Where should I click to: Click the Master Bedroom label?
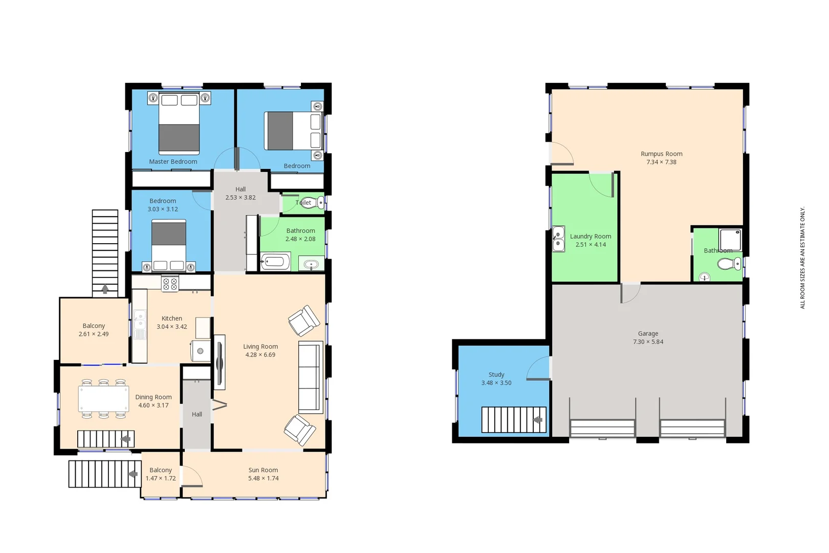(x=173, y=162)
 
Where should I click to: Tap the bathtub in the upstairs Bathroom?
(x=275, y=262)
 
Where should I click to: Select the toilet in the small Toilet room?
(x=310, y=203)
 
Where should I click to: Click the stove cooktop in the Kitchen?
(x=170, y=284)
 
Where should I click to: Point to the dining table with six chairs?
(x=103, y=399)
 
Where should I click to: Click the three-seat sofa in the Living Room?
(x=311, y=377)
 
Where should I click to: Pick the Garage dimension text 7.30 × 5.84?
(x=648, y=342)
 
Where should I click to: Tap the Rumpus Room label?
(x=661, y=154)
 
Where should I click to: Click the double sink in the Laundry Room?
(x=558, y=239)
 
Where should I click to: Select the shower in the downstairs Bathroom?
(x=730, y=240)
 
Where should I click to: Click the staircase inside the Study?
(x=513, y=420)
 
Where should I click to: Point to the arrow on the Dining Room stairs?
(x=125, y=439)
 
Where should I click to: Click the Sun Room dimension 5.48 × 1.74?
(x=263, y=478)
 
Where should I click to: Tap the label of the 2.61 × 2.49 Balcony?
(x=94, y=326)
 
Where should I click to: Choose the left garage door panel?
(x=602, y=428)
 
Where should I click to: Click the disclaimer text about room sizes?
(x=802, y=258)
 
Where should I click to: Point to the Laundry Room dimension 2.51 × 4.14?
(x=591, y=245)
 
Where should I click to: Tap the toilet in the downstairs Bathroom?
(x=728, y=264)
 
